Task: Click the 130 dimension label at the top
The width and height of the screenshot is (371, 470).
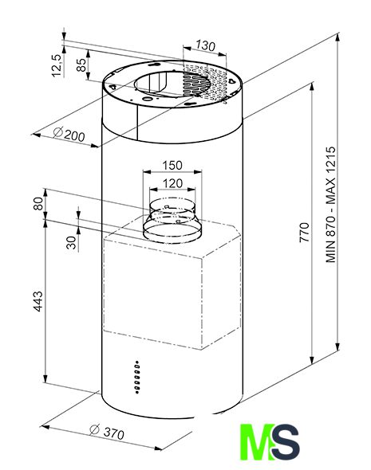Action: tap(206, 45)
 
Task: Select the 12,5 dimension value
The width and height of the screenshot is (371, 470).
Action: tap(57, 65)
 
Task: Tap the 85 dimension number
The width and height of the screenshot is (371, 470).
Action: tap(81, 65)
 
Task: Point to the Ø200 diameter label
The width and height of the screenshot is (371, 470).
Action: tap(69, 134)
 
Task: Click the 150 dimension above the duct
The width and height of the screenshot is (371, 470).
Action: tap(172, 165)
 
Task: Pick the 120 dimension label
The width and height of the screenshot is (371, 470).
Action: tap(172, 183)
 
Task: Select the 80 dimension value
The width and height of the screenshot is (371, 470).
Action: tap(39, 203)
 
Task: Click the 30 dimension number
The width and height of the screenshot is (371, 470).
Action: tap(72, 242)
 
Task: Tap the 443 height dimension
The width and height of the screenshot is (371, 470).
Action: tap(38, 301)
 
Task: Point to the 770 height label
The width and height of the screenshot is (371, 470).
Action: tap(304, 233)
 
